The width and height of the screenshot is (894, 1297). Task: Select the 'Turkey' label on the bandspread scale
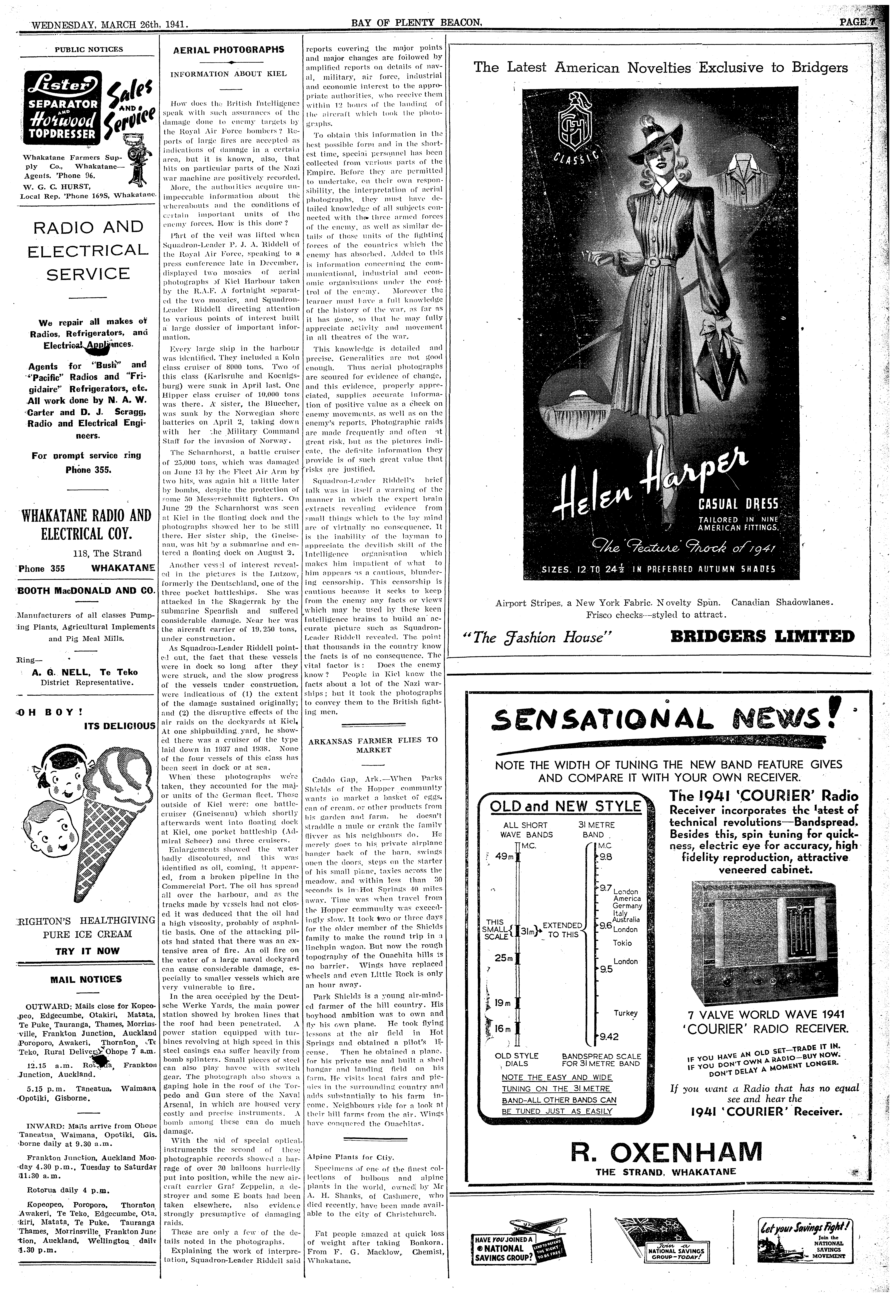(625, 1013)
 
